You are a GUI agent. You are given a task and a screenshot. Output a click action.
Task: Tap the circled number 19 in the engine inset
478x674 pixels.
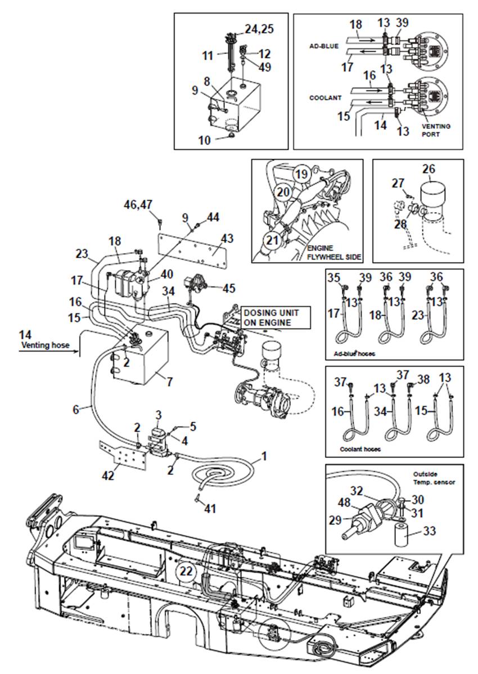302,174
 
